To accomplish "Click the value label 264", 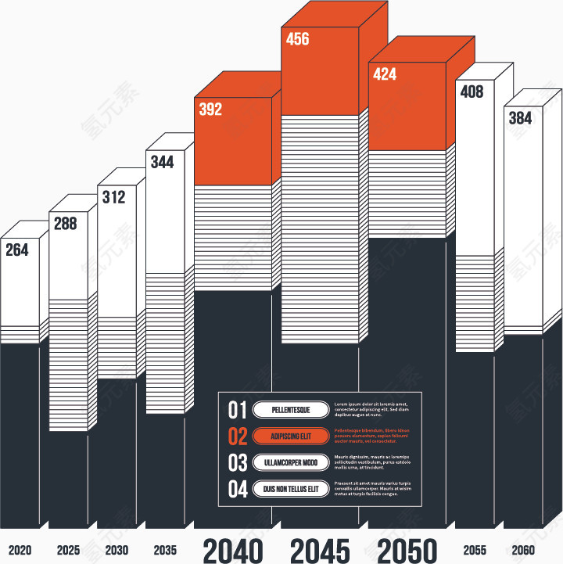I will click(x=16, y=250).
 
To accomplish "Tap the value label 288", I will click(x=65, y=224).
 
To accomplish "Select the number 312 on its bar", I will click(x=113, y=197).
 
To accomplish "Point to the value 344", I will click(x=162, y=163).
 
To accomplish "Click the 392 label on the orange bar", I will click(x=210, y=110).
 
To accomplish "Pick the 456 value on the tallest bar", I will click(x=298, y=39).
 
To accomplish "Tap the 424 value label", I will click(x=385, y=75).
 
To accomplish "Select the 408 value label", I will click(x=472, y=92).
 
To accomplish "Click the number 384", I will click(x=520, y=118).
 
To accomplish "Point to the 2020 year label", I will click(x=20, y=550).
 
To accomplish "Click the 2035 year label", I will click(x=165, y=550).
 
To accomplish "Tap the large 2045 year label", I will click(x=320, y=551).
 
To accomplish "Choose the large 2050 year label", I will click(x=407, y=551).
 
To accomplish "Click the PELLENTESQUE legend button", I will click(x=291, y=410).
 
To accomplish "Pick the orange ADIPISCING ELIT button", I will click(x=291, y=436).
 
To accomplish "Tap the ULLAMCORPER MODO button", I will click(x=291, y=463).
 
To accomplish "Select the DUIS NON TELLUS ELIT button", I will click(x=291, y=490).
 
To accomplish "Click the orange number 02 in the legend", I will click(x=238, y=436).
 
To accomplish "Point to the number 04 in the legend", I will click(x=238, y=490).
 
